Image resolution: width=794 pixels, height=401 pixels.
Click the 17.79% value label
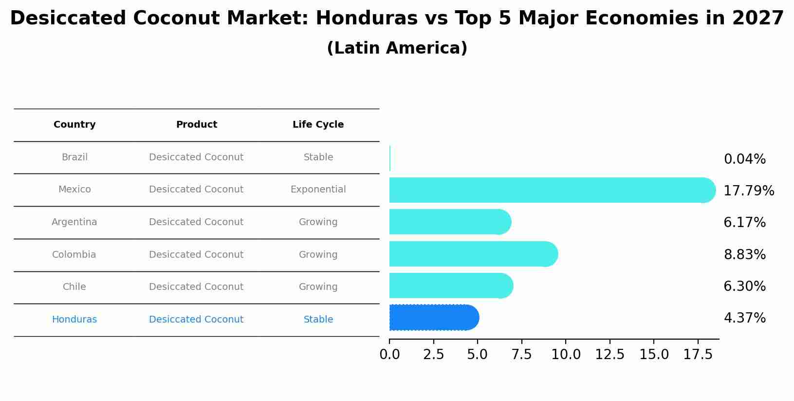coord(748,191)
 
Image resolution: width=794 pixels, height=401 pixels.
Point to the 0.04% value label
coord(744,159)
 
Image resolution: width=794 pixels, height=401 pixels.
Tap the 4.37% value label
coord(744,318)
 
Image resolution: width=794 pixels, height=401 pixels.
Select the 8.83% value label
coord(744,255)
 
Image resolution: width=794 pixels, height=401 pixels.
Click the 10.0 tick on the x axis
coord(566,355)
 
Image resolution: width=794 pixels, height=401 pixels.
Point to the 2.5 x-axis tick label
coord(433,355)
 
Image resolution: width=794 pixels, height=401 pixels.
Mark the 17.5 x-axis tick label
coord(698,355)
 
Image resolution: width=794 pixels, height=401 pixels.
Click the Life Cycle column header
coord(318,125)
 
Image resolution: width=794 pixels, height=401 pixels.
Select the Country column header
coord(74,125)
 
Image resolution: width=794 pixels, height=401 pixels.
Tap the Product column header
coord(196,125)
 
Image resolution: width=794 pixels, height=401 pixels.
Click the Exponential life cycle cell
coord(318,190)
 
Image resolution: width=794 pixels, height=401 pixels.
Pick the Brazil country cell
coord(74,157)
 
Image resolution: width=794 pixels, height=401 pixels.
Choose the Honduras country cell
coord(74,320)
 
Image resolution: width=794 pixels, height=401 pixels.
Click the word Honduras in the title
coord(367,19)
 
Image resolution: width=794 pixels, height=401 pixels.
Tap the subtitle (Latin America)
coord(397,48)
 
